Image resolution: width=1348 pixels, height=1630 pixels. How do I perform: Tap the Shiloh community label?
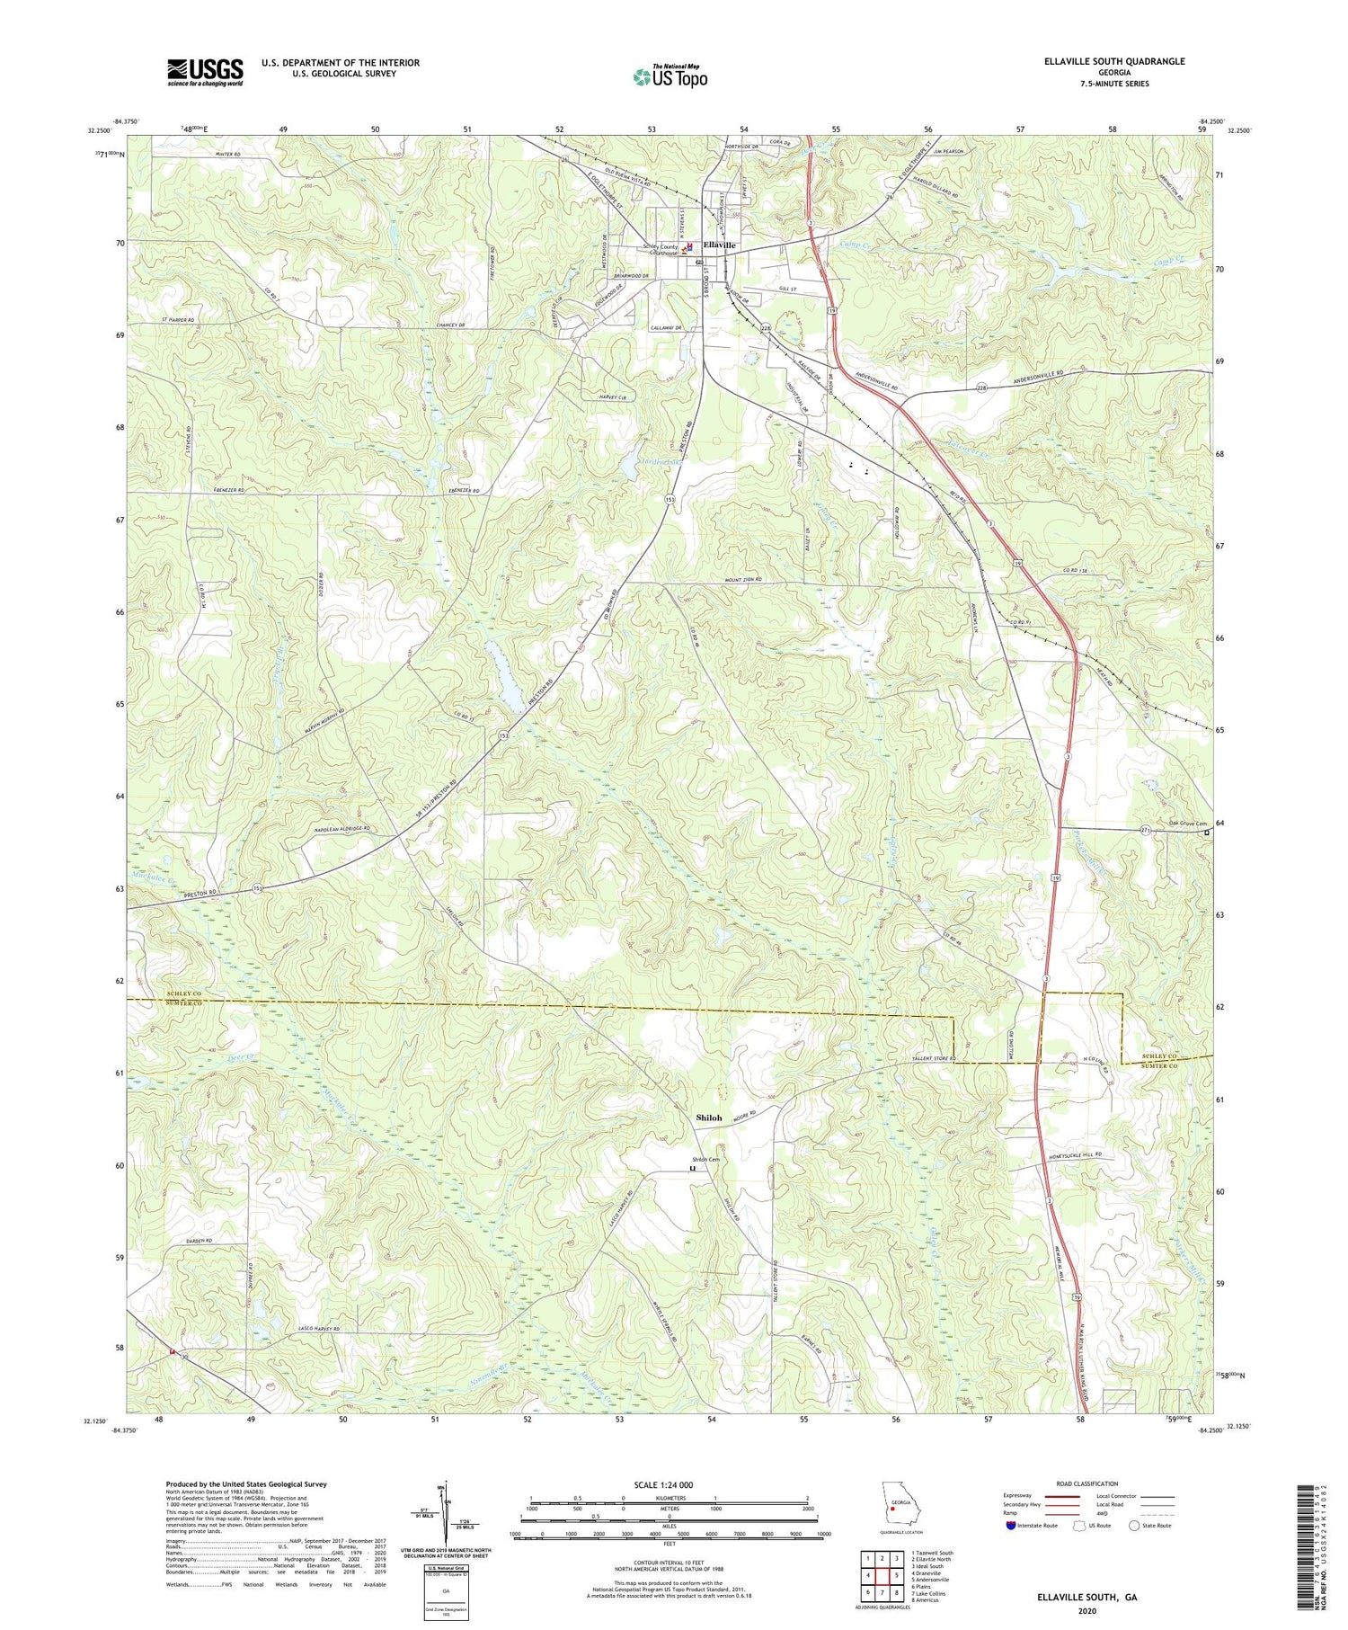[708, 1118]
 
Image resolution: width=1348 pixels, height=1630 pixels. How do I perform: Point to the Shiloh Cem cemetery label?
[705, 1159]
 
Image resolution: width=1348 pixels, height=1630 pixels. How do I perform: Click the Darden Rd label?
[199, 1242]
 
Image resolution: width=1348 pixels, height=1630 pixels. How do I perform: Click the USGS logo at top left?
[205, 72]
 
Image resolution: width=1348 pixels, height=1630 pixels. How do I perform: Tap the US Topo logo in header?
[670, 76]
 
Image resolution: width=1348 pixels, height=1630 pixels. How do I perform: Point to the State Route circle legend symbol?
[1136, 1526]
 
